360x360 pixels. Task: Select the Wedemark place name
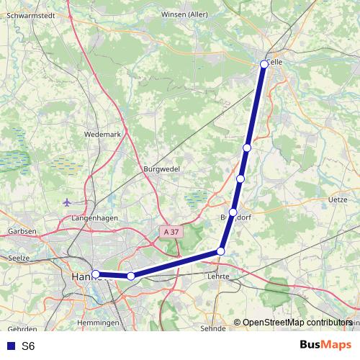(101, 134)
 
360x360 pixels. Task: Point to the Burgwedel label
(161, 168)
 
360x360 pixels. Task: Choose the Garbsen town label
(22, 231)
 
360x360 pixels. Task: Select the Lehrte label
(217, 276)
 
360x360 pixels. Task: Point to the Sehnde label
(213, 328)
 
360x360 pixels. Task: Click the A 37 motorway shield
(171, 232)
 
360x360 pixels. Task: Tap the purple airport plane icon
(68, 202)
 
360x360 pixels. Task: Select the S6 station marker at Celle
(264, 64)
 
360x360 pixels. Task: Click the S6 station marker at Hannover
(96, 274)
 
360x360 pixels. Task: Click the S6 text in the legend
(28, 346)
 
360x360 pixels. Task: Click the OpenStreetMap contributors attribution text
(297, 323)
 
